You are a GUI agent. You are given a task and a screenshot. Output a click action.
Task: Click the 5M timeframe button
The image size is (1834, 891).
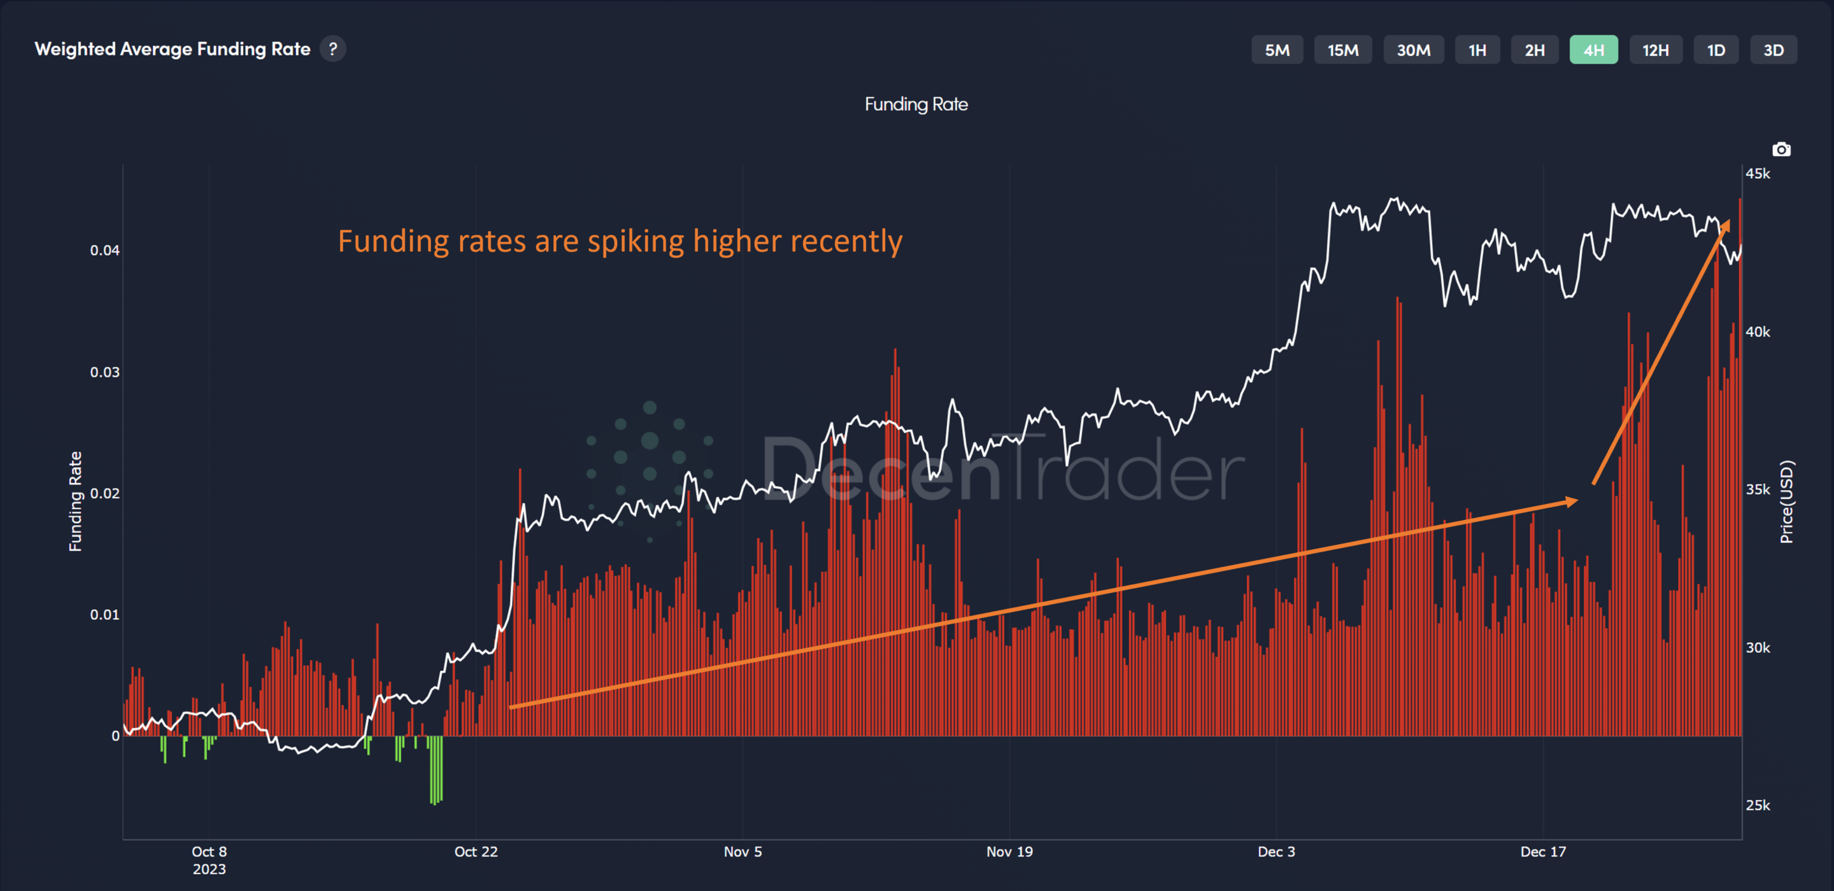point(1277,50)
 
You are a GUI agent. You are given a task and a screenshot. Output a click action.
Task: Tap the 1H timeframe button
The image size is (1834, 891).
point(1477,50)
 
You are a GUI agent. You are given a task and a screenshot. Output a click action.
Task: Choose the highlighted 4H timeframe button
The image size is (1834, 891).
point(1593,50)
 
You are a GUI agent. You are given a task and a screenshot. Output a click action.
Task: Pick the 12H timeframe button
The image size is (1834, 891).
point(1654,50)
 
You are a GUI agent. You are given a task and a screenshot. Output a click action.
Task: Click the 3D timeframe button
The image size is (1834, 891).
point(1773,50)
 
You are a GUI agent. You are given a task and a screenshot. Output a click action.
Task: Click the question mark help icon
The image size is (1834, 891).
point(332,48)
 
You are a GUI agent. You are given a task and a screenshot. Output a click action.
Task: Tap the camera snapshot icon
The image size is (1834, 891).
point(1781,150)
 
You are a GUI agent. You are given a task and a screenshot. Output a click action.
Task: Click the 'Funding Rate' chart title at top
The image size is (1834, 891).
point(916,104)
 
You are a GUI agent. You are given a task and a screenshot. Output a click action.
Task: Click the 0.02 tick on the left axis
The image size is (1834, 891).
point(104,493)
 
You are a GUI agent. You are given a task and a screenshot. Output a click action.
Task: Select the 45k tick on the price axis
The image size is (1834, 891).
point(1757,174)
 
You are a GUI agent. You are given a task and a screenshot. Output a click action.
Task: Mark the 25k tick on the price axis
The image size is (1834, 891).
point(1757,805)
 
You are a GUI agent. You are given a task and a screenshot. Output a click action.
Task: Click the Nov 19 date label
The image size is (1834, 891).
point(1009,851)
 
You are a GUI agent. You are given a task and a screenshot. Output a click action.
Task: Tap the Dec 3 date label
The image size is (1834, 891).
point(1276,851)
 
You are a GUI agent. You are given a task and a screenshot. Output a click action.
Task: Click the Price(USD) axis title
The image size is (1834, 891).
point(1786,502)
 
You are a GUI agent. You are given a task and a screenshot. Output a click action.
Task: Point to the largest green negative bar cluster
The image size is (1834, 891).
point(436,770)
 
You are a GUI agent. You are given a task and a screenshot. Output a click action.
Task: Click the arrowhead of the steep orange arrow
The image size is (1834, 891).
point(1726,227)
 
